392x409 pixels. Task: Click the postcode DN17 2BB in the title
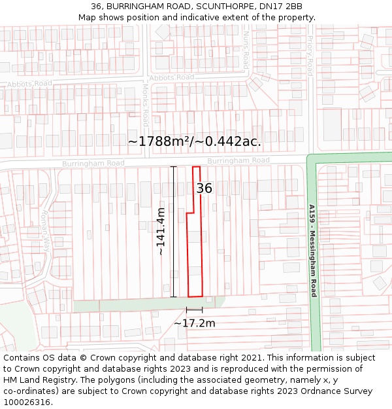279,6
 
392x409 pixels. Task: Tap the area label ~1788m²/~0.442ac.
195,141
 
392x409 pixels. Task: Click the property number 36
204,188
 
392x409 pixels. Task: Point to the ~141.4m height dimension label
161,231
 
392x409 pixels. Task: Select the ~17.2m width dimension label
194,323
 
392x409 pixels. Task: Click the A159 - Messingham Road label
313,251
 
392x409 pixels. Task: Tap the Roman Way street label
44,230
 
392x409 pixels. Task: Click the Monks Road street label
146,104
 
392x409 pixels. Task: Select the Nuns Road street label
246,50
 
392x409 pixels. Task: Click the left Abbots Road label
29,84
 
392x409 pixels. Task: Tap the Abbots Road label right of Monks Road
172,77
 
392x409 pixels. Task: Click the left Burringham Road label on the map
93,163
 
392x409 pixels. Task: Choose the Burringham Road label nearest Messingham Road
238,160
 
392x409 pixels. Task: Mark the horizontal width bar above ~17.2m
194,310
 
